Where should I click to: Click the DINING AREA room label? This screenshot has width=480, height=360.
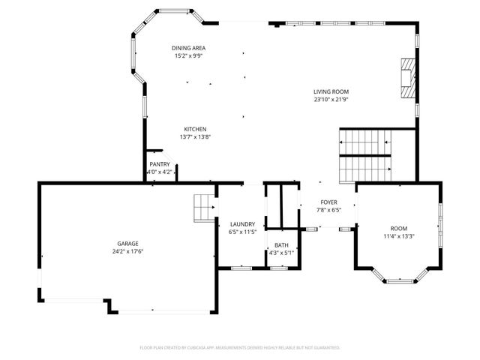(188, 48)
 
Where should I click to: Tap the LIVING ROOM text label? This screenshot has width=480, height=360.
(331, 91)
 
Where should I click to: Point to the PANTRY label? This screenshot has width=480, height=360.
(160, 164)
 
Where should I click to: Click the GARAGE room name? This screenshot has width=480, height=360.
(127, 244)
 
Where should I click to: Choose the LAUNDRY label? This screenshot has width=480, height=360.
(242, 223)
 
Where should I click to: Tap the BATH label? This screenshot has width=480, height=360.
(281, 245)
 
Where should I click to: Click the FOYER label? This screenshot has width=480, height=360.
(328, 202)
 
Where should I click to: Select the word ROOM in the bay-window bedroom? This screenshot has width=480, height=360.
(397, 229)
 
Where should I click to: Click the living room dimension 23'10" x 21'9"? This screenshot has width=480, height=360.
(331, 99)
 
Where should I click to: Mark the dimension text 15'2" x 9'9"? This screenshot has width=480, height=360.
(188, 55)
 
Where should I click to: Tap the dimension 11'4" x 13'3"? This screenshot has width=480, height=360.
(398, 236)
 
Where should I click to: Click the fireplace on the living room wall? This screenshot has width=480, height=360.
(406, 78)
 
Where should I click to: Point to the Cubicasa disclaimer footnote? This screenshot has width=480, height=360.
(240, 348)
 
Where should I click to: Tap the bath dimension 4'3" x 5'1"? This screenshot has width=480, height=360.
(281, 253)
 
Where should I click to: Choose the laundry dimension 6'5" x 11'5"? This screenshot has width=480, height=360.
(242, 231)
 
